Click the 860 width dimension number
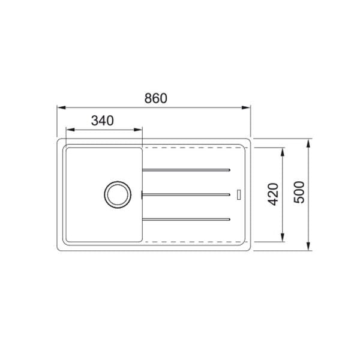[155, 98]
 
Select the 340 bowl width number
[103, 120]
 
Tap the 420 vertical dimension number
[272, 194]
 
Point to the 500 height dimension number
[299, 192]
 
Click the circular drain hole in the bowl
[115, 193]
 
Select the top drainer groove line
[186, 170]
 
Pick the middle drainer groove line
[186, 194]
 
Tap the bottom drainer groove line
[186, 218]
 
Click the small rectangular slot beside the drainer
[239, 194]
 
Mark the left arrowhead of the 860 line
[61, 107]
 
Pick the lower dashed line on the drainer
[192, 241]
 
